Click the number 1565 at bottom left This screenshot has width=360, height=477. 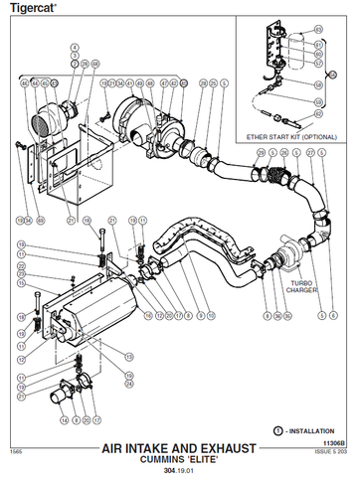pyautogui.click(x=16, y=452)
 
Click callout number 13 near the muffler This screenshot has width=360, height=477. pyautogui.click(x=127, y=354)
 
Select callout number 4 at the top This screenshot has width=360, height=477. pyautogui.click(x=74, y=47)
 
